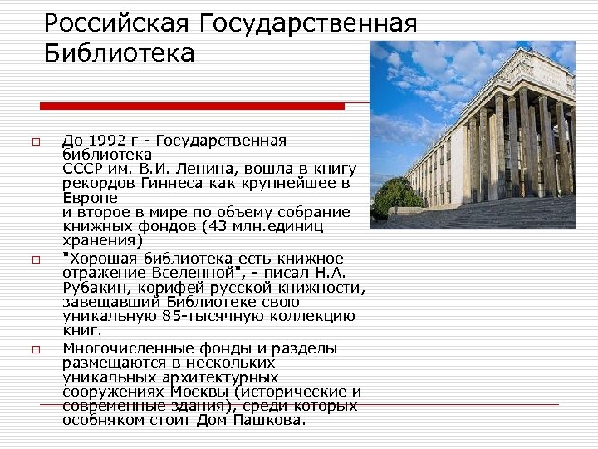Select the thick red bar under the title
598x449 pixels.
tap(193, 106)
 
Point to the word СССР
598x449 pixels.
tap(81, 170)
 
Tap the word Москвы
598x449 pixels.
tap(199, 392)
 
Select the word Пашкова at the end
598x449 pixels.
tap(274, 420)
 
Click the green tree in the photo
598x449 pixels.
tap(394, 198)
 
